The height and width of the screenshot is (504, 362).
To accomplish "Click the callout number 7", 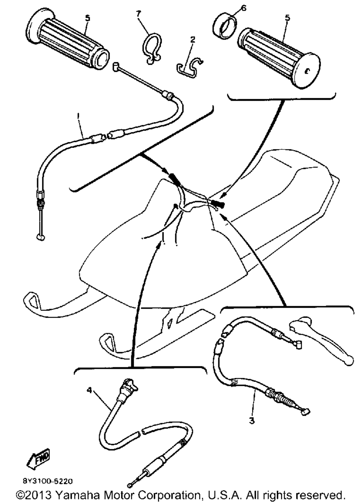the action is pos(138,14).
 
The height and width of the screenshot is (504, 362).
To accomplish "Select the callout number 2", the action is pos(193,40).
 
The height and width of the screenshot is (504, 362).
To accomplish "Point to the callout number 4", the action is pos(89,390).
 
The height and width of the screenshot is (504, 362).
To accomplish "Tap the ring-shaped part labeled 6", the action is pos(225,27).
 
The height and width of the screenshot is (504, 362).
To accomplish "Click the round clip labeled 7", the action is pos(151,49).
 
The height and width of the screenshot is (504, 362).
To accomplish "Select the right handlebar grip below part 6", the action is pos(279,58).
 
